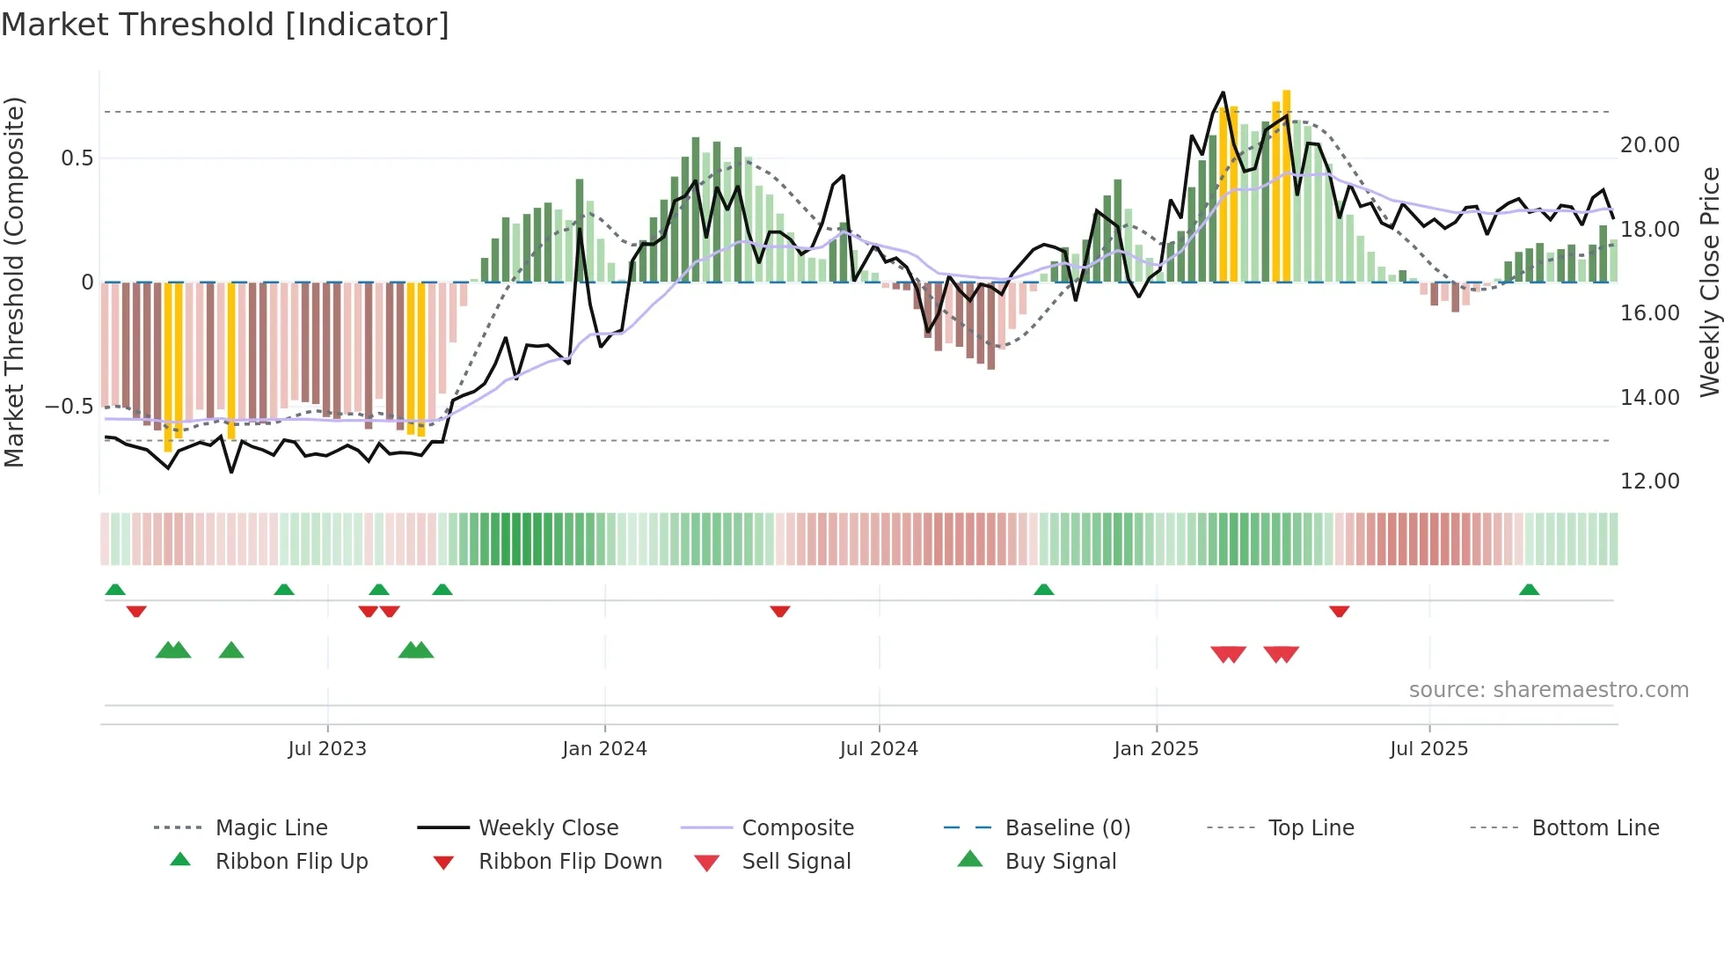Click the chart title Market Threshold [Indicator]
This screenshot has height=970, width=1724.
[x=225, y=25]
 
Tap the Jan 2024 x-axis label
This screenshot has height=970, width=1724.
[x=604, y=749]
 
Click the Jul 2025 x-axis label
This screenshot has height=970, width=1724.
[x=1428, y=749]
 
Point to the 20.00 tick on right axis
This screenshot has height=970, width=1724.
[x=1649, y=145]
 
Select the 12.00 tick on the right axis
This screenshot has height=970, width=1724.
[x=1649, y=481]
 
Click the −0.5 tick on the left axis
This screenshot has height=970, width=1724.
[x=69, y=407]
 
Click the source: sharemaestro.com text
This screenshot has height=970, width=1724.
[x=1548, y=690]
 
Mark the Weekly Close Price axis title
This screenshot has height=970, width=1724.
[x=1709, y=282]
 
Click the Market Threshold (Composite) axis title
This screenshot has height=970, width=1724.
[x=14, y=282]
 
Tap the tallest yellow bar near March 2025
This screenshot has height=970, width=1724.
[x=1286, y=185]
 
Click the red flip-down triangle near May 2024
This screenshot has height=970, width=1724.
[x=779, y=611]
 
